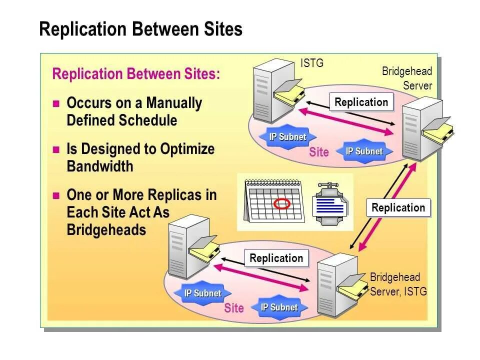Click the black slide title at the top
(140, 29)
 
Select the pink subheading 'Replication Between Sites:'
(136, 74)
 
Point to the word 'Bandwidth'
(100, 166)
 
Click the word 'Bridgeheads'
(106, 230)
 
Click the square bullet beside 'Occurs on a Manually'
(56, 104)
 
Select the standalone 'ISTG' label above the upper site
(312, 63)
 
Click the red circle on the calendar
(282, 203)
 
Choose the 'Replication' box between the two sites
(398, 208)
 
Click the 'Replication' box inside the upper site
(361, 102)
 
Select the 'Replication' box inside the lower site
(276, 258)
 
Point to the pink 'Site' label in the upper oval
(319, 152)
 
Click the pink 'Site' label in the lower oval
(234, 308)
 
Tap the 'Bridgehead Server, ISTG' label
(398, 284)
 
